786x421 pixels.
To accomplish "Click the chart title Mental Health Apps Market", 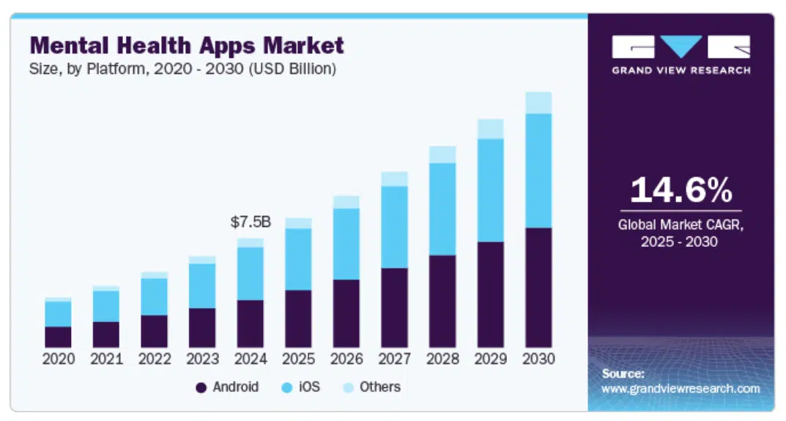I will pos(187,45).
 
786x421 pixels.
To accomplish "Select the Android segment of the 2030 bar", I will pos(538,287).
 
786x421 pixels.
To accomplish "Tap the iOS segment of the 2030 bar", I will pos(538,171).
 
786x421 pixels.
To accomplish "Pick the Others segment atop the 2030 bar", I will pos(538,103).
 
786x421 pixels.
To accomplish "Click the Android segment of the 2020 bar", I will pos(58,337).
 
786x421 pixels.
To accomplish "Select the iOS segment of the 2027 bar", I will pos(394,227).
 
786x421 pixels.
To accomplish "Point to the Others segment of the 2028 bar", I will pos(442,154).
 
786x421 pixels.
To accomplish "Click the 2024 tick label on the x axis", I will pos(251,359).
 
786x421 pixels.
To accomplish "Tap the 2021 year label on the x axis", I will pos(106,359).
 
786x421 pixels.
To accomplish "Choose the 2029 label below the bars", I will pos(491,359).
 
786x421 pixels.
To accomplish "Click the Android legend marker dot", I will pos(201,387).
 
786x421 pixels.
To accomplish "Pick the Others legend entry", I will pos(371,387).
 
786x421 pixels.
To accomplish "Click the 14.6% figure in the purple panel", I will pos(681,190).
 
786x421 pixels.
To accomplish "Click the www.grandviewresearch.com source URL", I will pos(681,389).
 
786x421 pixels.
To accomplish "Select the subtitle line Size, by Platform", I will pos(182,70).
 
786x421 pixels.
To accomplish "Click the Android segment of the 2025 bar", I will pos(298,318).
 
